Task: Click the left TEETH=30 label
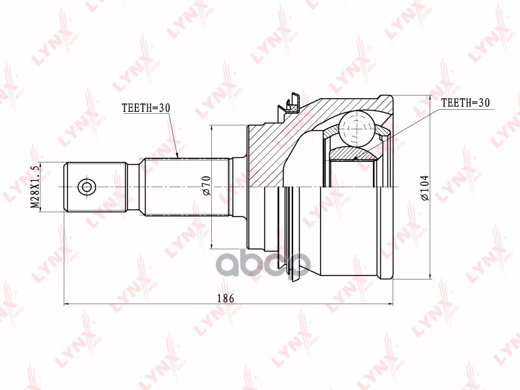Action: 145,109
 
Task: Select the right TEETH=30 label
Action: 465,103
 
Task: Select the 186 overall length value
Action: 227,298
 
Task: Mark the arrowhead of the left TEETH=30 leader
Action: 177,156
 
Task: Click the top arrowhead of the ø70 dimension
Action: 213,128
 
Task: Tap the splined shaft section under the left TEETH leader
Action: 186,187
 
